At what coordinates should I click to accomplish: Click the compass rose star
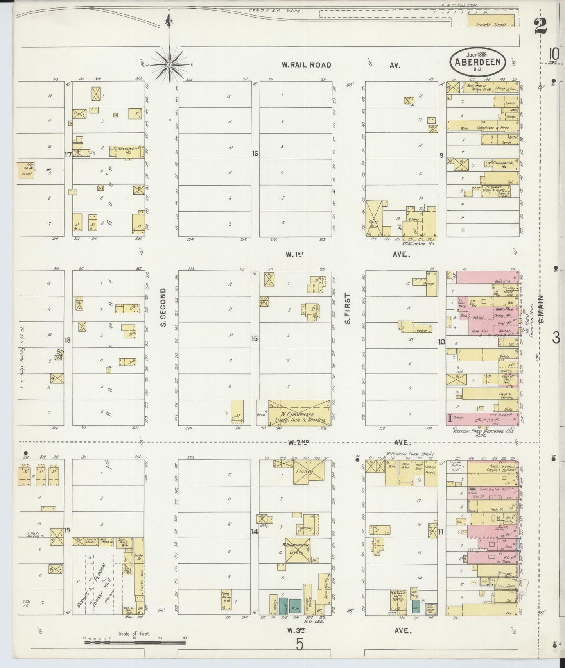coord(170,64)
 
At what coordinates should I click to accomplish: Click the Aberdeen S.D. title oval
coord(478,61)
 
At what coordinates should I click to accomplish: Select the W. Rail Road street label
coord(306,65)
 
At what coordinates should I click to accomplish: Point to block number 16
coord(255,154)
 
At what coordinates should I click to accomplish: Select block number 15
coord(255,339)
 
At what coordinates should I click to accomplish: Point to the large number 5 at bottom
coord(300,644)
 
